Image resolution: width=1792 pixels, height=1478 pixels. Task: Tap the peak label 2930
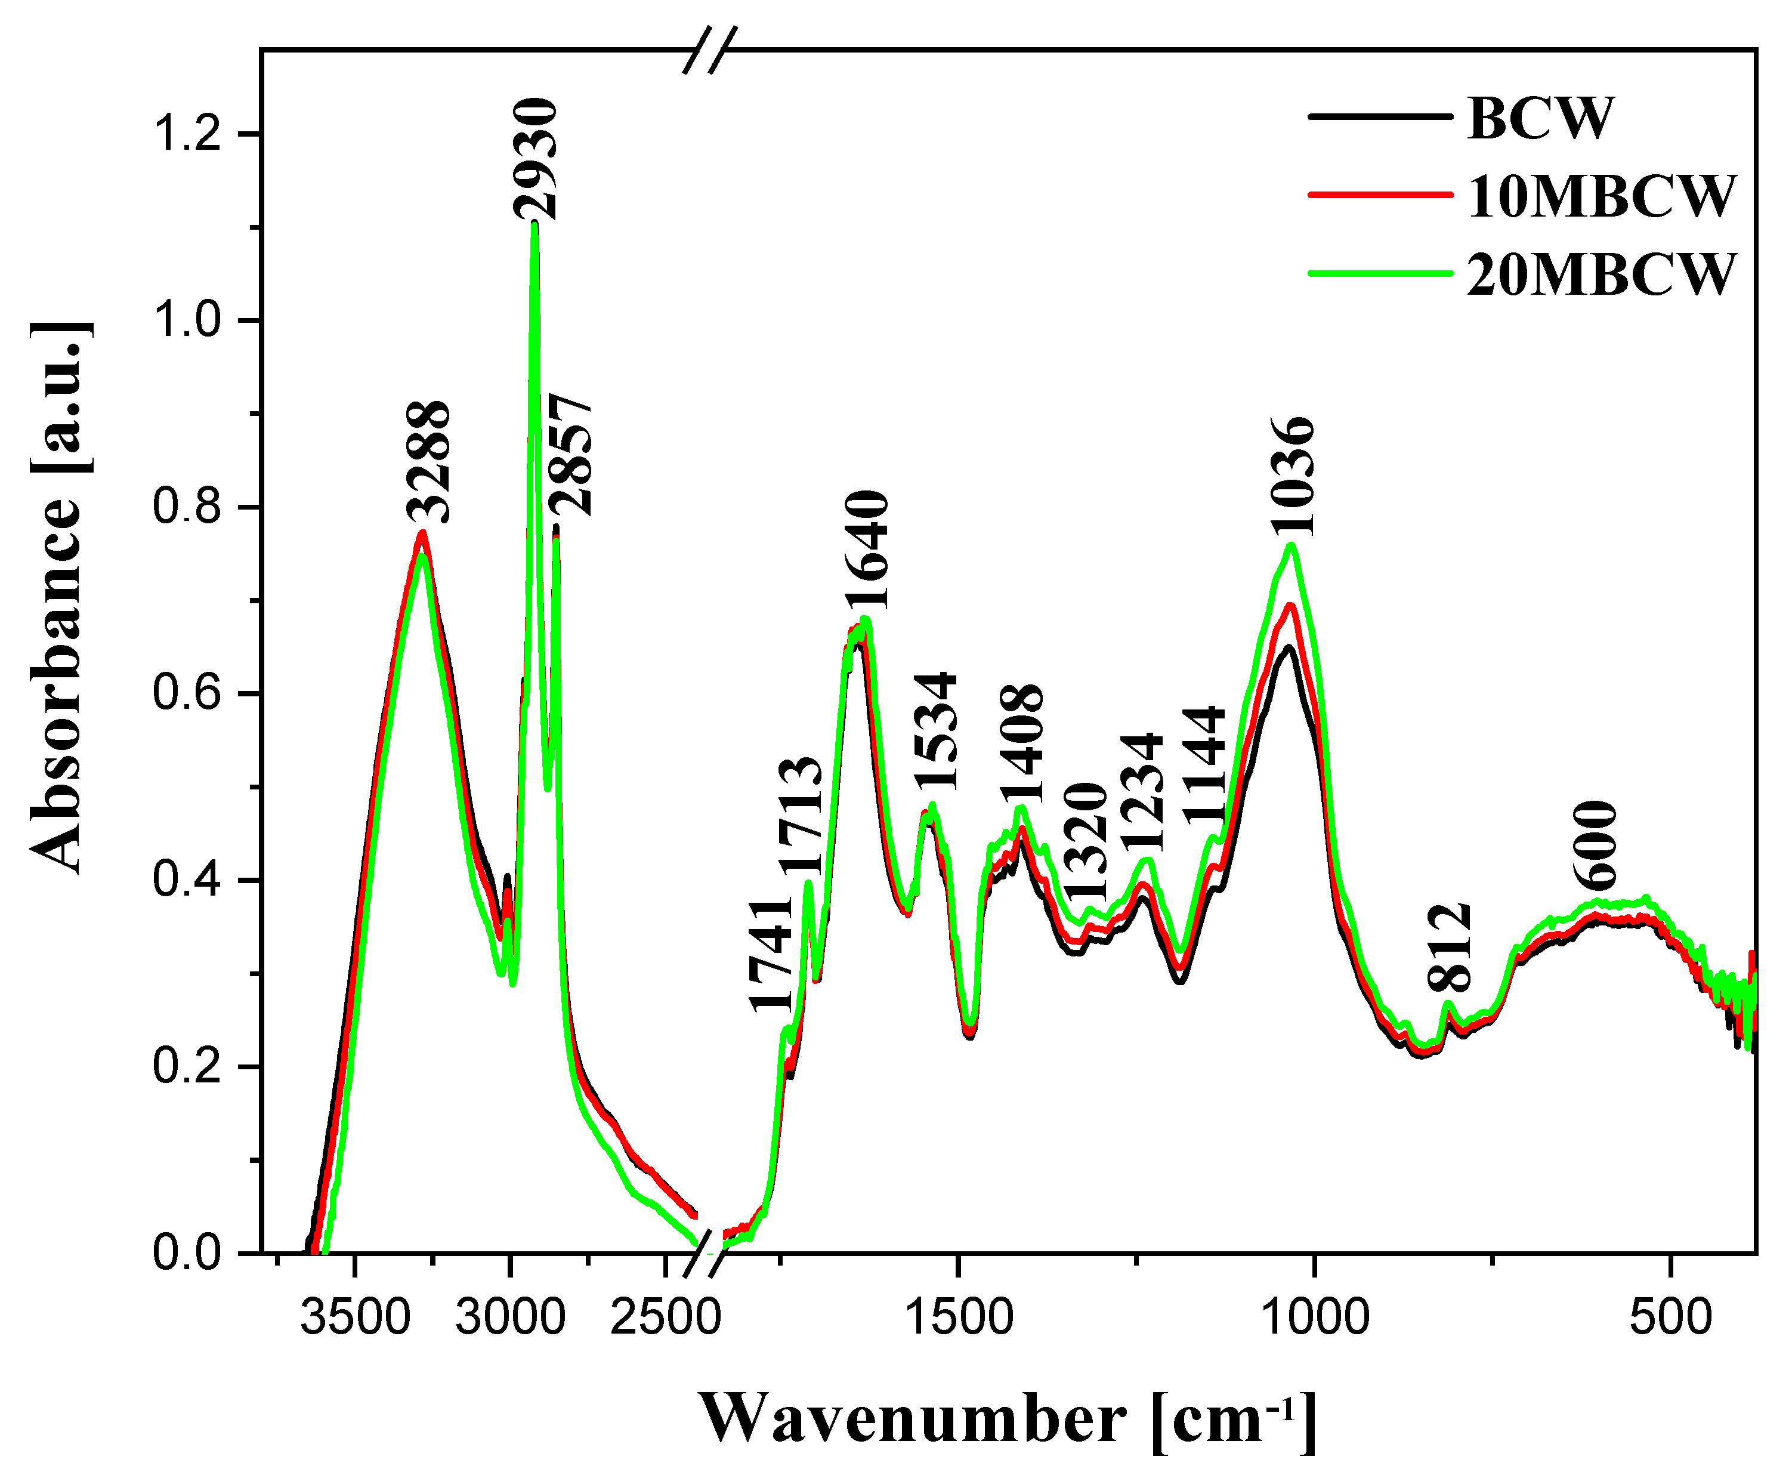pos(536,159)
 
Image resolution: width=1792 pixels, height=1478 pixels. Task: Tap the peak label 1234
pos(1141,792)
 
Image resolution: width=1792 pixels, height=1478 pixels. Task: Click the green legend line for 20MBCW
pos(1379,273)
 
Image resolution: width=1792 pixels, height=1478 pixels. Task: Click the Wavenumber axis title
pos(1009,1420)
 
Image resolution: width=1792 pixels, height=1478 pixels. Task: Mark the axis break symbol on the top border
pos(710,50)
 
